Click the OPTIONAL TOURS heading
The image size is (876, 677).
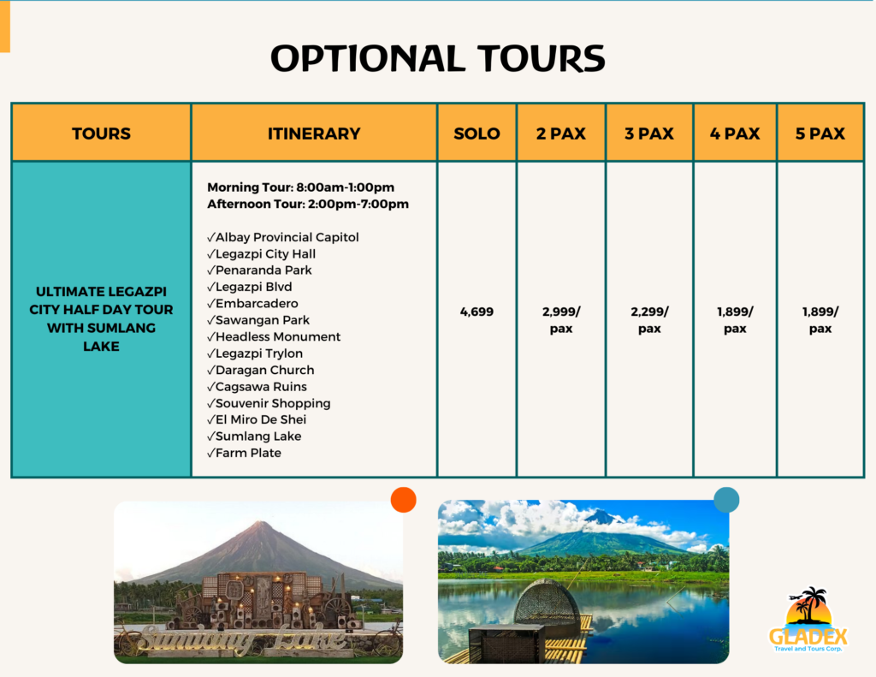[x=437, y=58]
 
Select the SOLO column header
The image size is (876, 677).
[x=476, y=134]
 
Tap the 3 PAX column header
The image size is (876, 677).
[x=649, y=134]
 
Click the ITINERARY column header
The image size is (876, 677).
[x=314, y=134]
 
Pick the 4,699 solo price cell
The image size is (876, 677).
[x=476, y=312]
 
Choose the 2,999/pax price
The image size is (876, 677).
[x=561, y=320]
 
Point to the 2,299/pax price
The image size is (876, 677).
[x=649, y=320]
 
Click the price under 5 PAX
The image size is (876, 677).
[x=820, y=320]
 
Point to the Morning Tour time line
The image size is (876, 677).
[x=300, y=187]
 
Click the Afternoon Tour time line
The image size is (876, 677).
[x=308, y=204]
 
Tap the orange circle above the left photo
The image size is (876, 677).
[x=403, y=500]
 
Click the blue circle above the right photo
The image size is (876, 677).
[x=726, y=500]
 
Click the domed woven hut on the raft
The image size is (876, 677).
[x=547, y=603]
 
